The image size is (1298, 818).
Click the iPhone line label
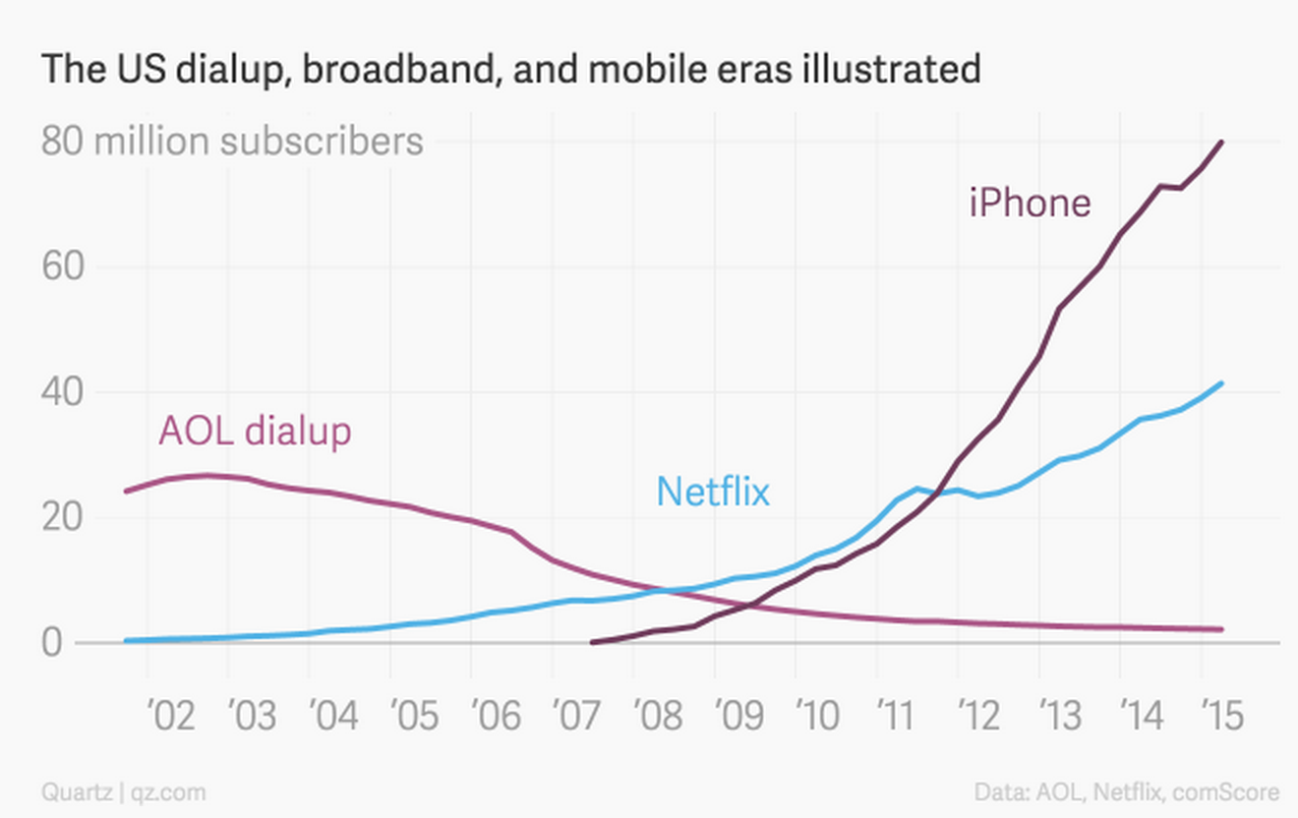point(1030,203)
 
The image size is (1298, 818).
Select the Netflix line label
point(713,491)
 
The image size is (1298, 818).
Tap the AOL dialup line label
point(255,431)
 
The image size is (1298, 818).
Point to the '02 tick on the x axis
point(172,716)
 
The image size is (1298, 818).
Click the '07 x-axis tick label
point(577,716)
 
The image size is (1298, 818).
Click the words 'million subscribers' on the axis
point(259,142)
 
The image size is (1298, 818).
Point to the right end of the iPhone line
point(1221,143)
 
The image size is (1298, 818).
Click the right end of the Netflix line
point(1221,383)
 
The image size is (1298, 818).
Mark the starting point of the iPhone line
point(592,642)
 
